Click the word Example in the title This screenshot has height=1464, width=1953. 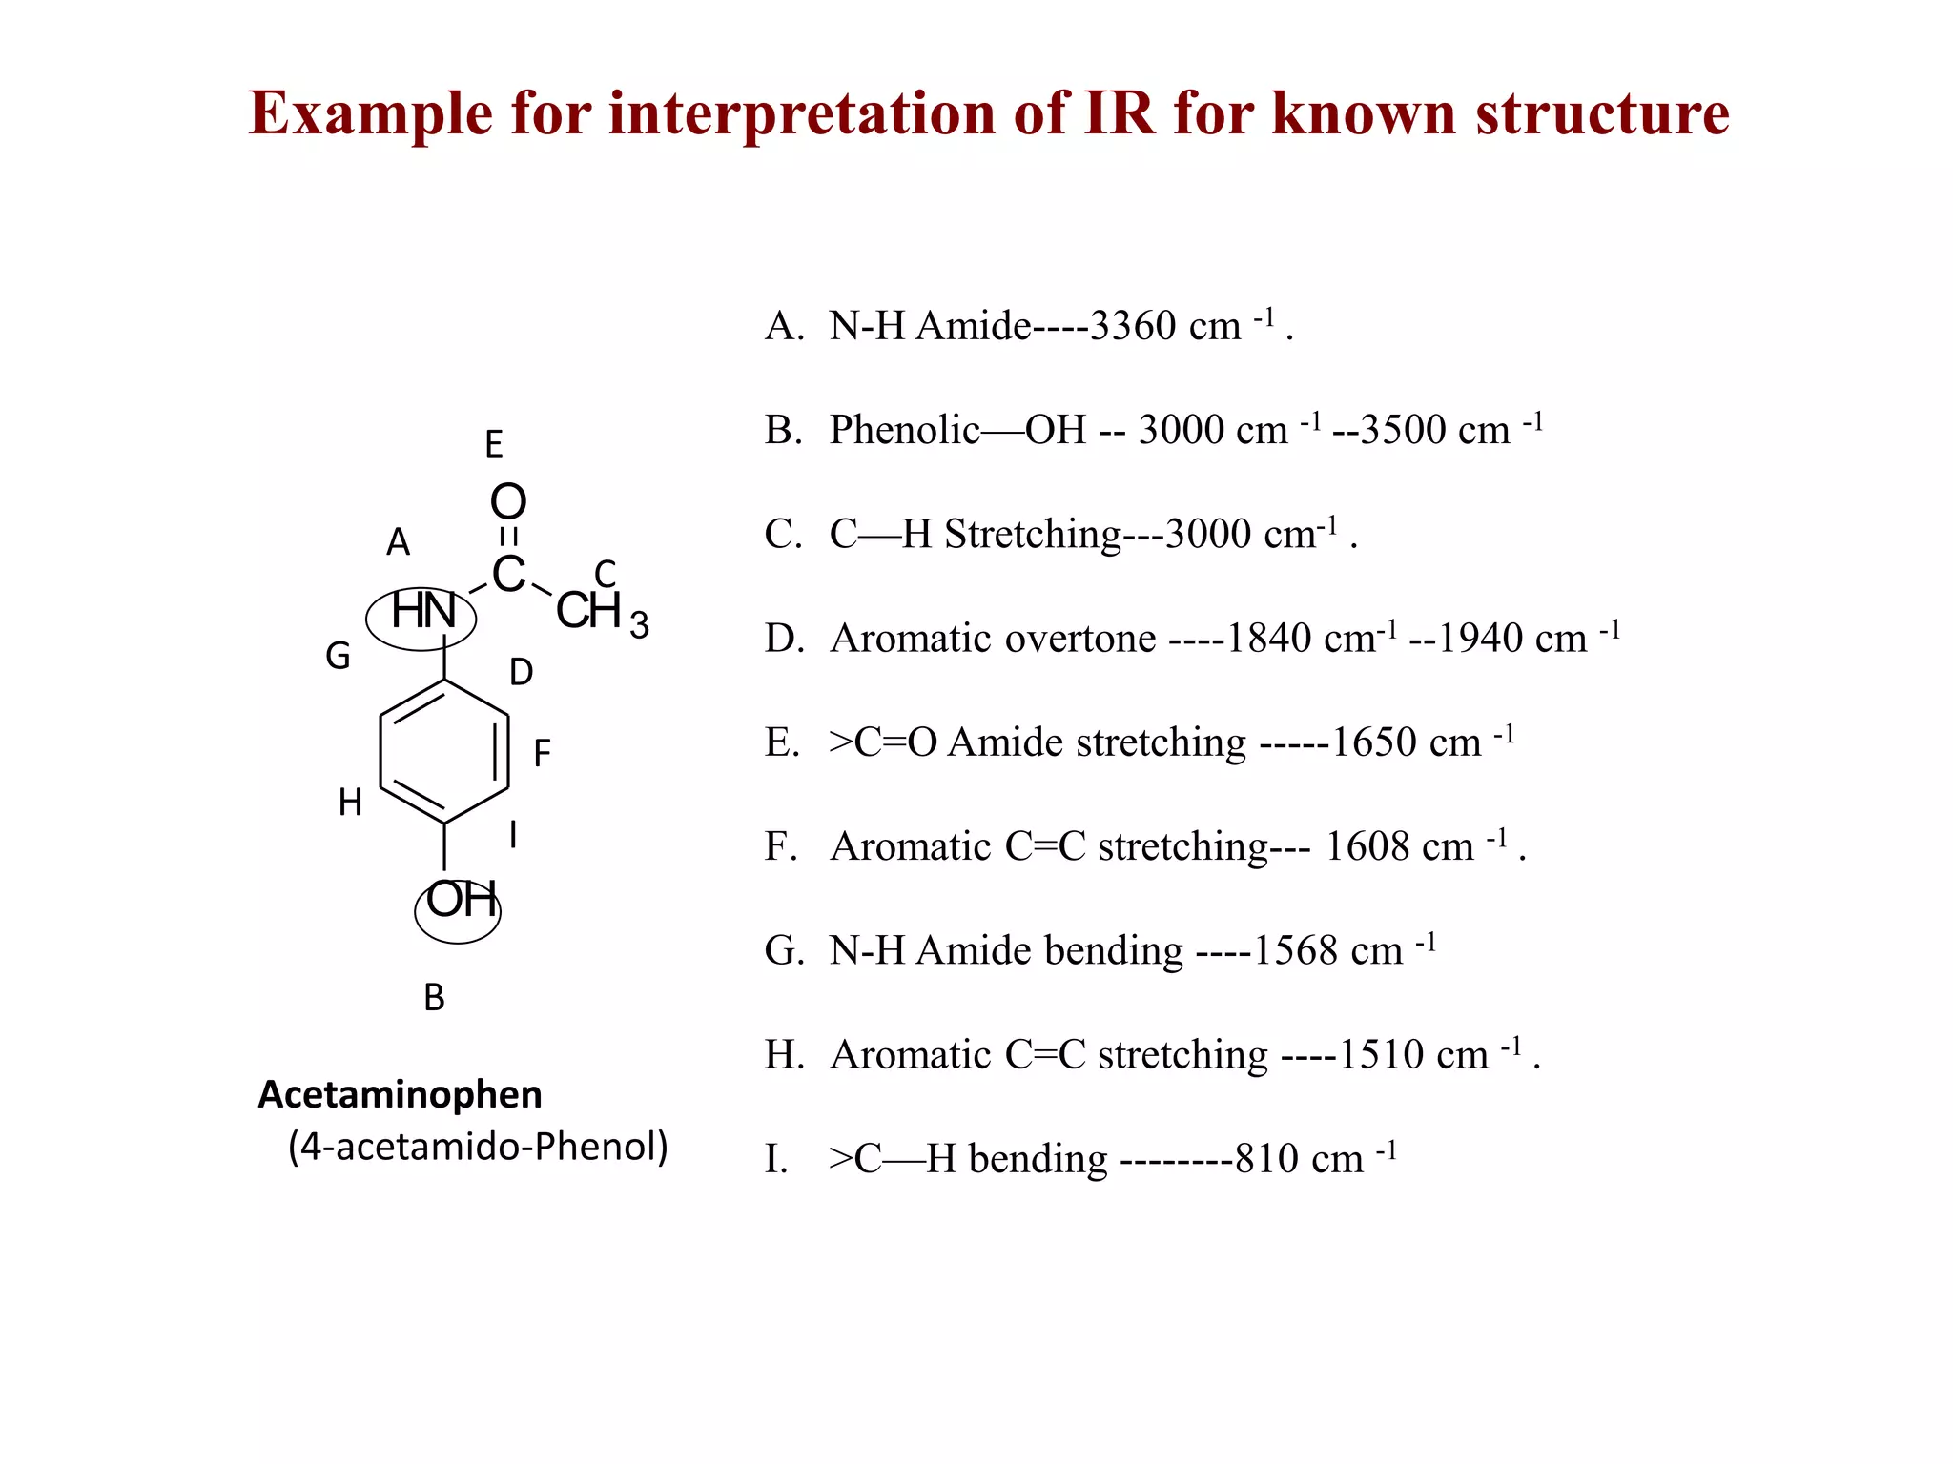[370, 114]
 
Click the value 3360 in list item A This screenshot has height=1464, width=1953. [1132, 327]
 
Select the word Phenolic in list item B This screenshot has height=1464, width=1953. [905, 431]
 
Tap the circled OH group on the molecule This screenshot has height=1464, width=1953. [460, 902]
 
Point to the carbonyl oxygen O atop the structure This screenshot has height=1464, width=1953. [508, 502]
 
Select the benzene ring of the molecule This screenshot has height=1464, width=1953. [444, 751]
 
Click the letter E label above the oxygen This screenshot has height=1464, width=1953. [493, 445]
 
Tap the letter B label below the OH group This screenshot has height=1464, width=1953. [434, 998]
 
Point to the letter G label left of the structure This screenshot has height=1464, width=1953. [338, 657]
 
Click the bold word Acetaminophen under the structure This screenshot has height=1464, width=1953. [400, 1095]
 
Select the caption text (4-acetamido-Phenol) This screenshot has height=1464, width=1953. [478, 1147]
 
